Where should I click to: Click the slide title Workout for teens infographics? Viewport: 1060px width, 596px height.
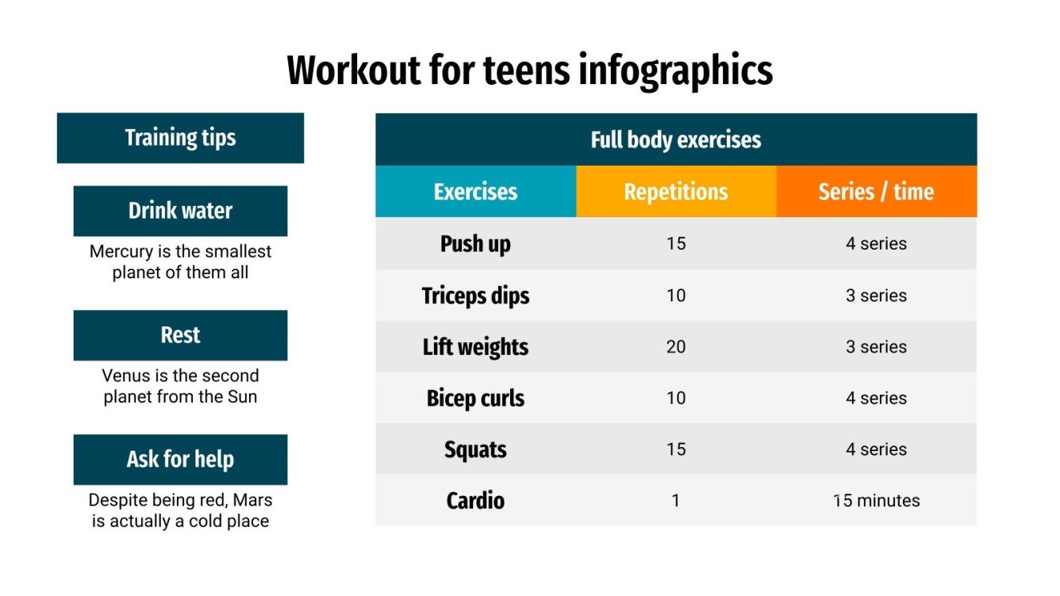[x=529, y=71]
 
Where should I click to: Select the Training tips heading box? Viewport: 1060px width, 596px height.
[x=180, y=138]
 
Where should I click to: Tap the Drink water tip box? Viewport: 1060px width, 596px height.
[x=180, y=211]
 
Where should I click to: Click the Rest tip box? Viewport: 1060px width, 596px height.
[x=180, y=335]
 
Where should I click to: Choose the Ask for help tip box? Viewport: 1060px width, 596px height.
[x=180, y=460]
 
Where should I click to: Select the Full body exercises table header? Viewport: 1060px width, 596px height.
[x=675, y=140]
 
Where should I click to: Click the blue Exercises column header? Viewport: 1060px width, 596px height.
[x=475, y=192]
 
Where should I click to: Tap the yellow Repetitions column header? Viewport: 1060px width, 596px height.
[x=675, y=192]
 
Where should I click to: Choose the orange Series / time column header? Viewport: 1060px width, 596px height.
[x=876, y=192]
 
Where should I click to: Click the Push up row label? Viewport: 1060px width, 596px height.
[x=475, y=243]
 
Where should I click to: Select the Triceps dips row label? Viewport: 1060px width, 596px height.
[x=475, y=296]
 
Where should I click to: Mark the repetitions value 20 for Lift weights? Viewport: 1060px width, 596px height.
[x=675, y=347]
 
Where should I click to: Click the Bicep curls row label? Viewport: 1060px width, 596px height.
[x=475, y=398]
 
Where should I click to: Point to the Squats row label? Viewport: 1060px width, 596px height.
[x=475, y=449]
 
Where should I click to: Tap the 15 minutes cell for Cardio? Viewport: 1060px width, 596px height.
[x=876, y=501]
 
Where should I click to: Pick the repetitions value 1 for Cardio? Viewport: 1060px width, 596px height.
[x=675, y=501]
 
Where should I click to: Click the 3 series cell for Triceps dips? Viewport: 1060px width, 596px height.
[x=876, y=296]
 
